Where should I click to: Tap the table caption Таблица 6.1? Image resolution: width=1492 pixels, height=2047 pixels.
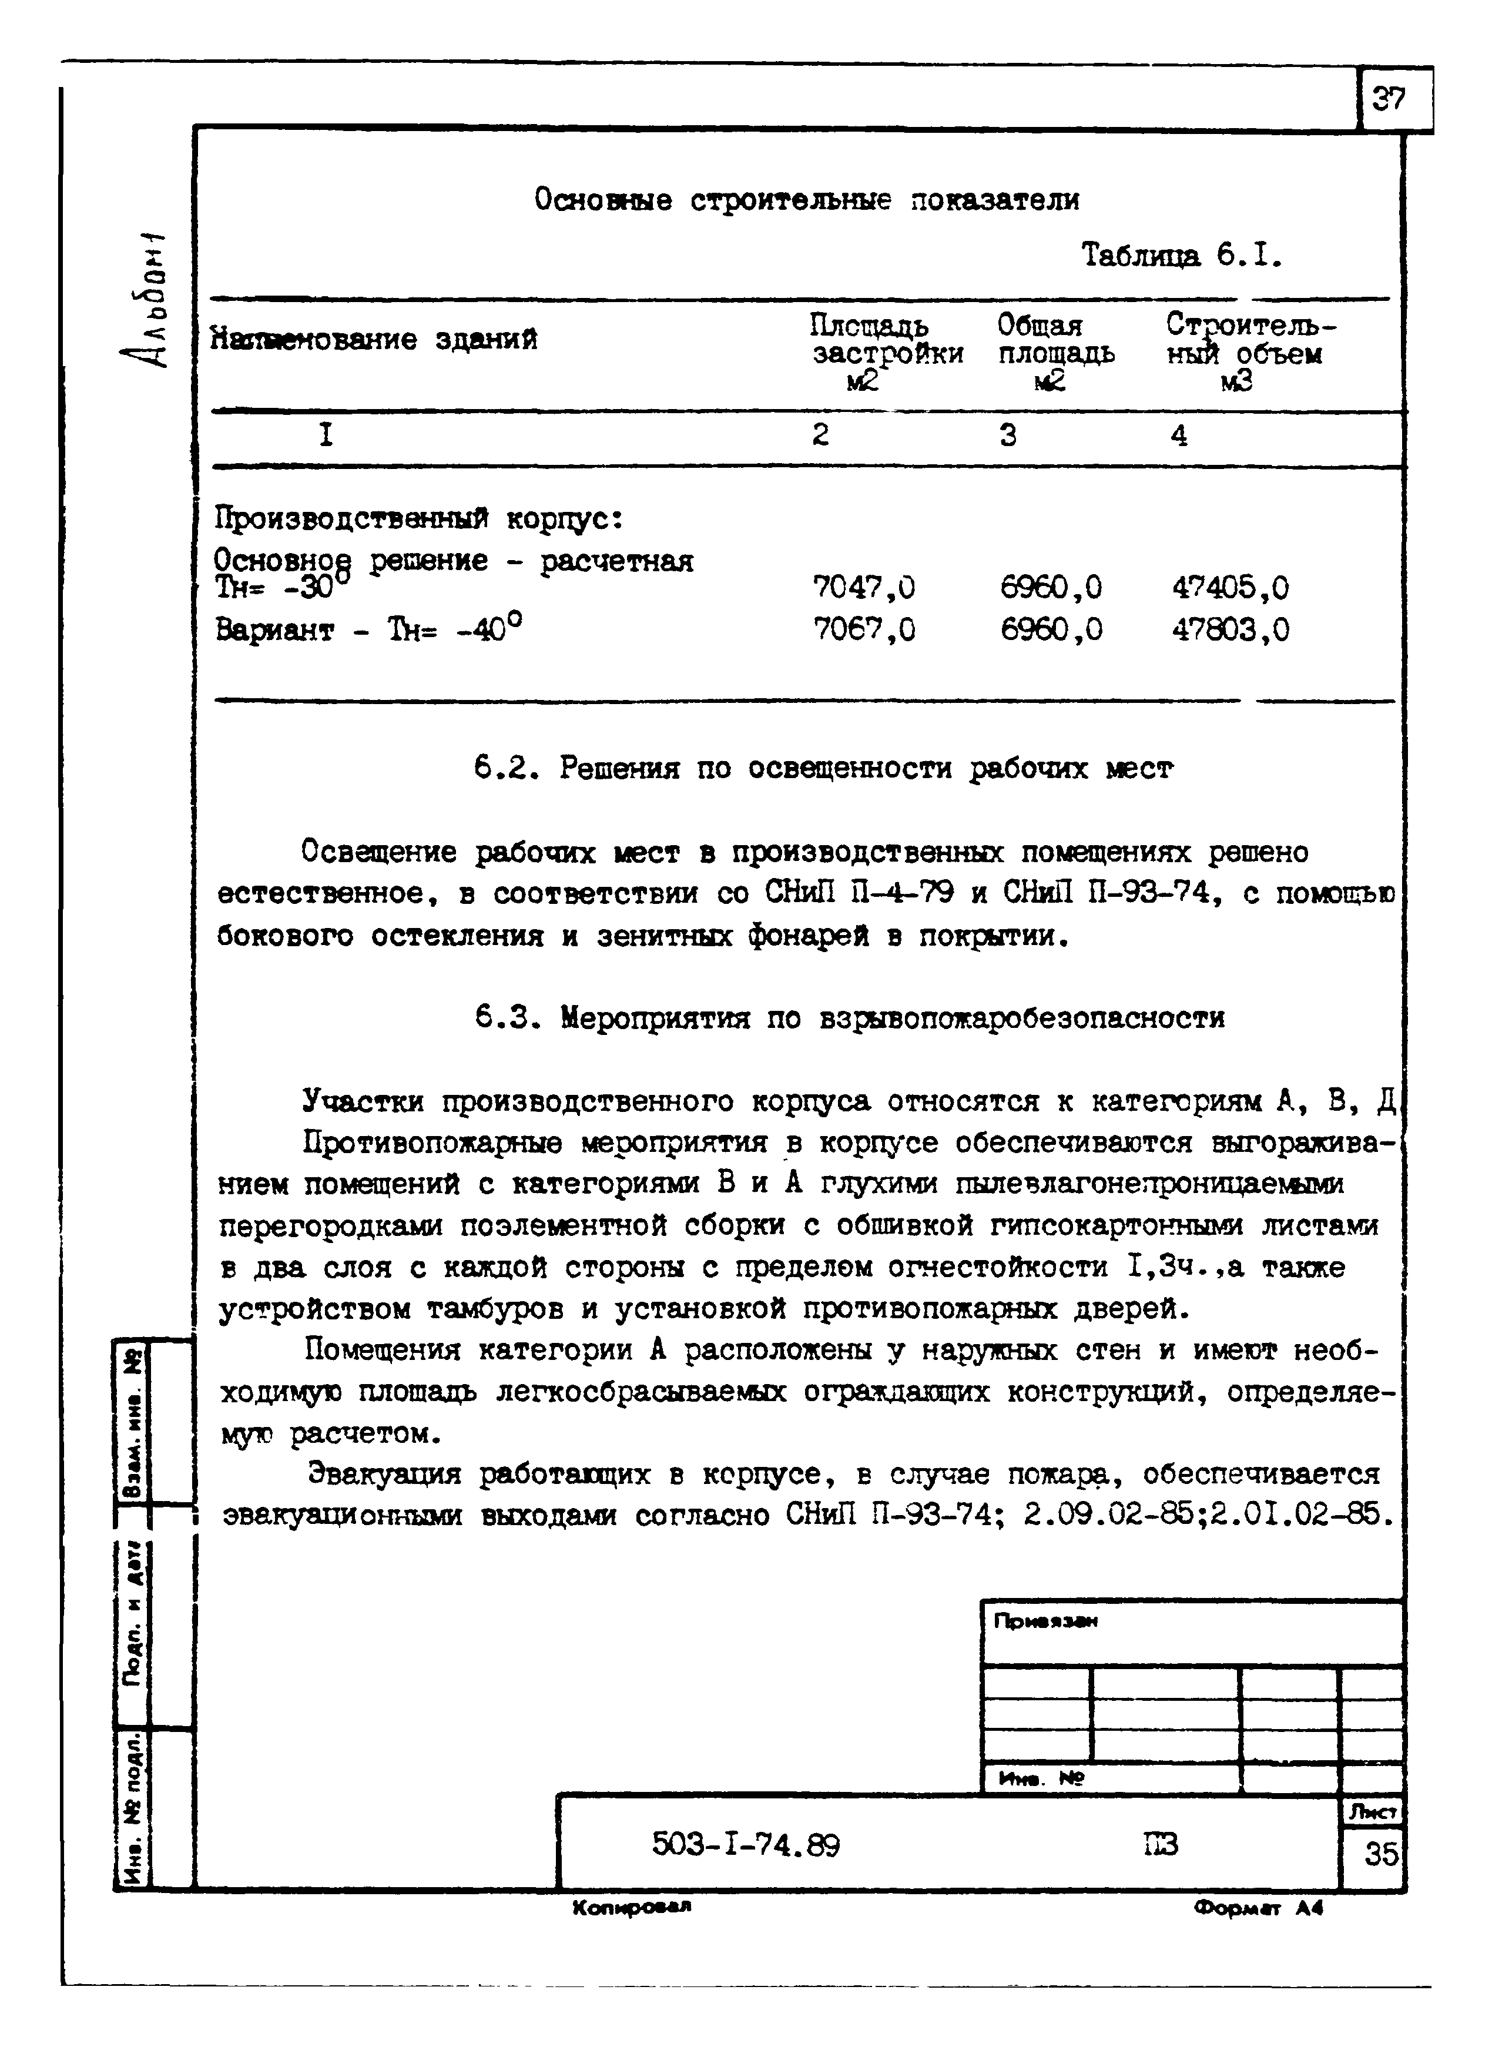click(1181, 257)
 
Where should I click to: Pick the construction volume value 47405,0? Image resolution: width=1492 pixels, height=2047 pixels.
click(1230, 588)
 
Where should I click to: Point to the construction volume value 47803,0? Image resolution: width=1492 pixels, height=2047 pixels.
click(1230, 629)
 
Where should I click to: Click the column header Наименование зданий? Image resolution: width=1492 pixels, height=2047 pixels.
click(374, 340)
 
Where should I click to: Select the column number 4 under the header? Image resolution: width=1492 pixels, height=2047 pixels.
click(1179, 436)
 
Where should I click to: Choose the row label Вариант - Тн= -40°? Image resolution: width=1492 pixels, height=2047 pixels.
click(368, 628)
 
